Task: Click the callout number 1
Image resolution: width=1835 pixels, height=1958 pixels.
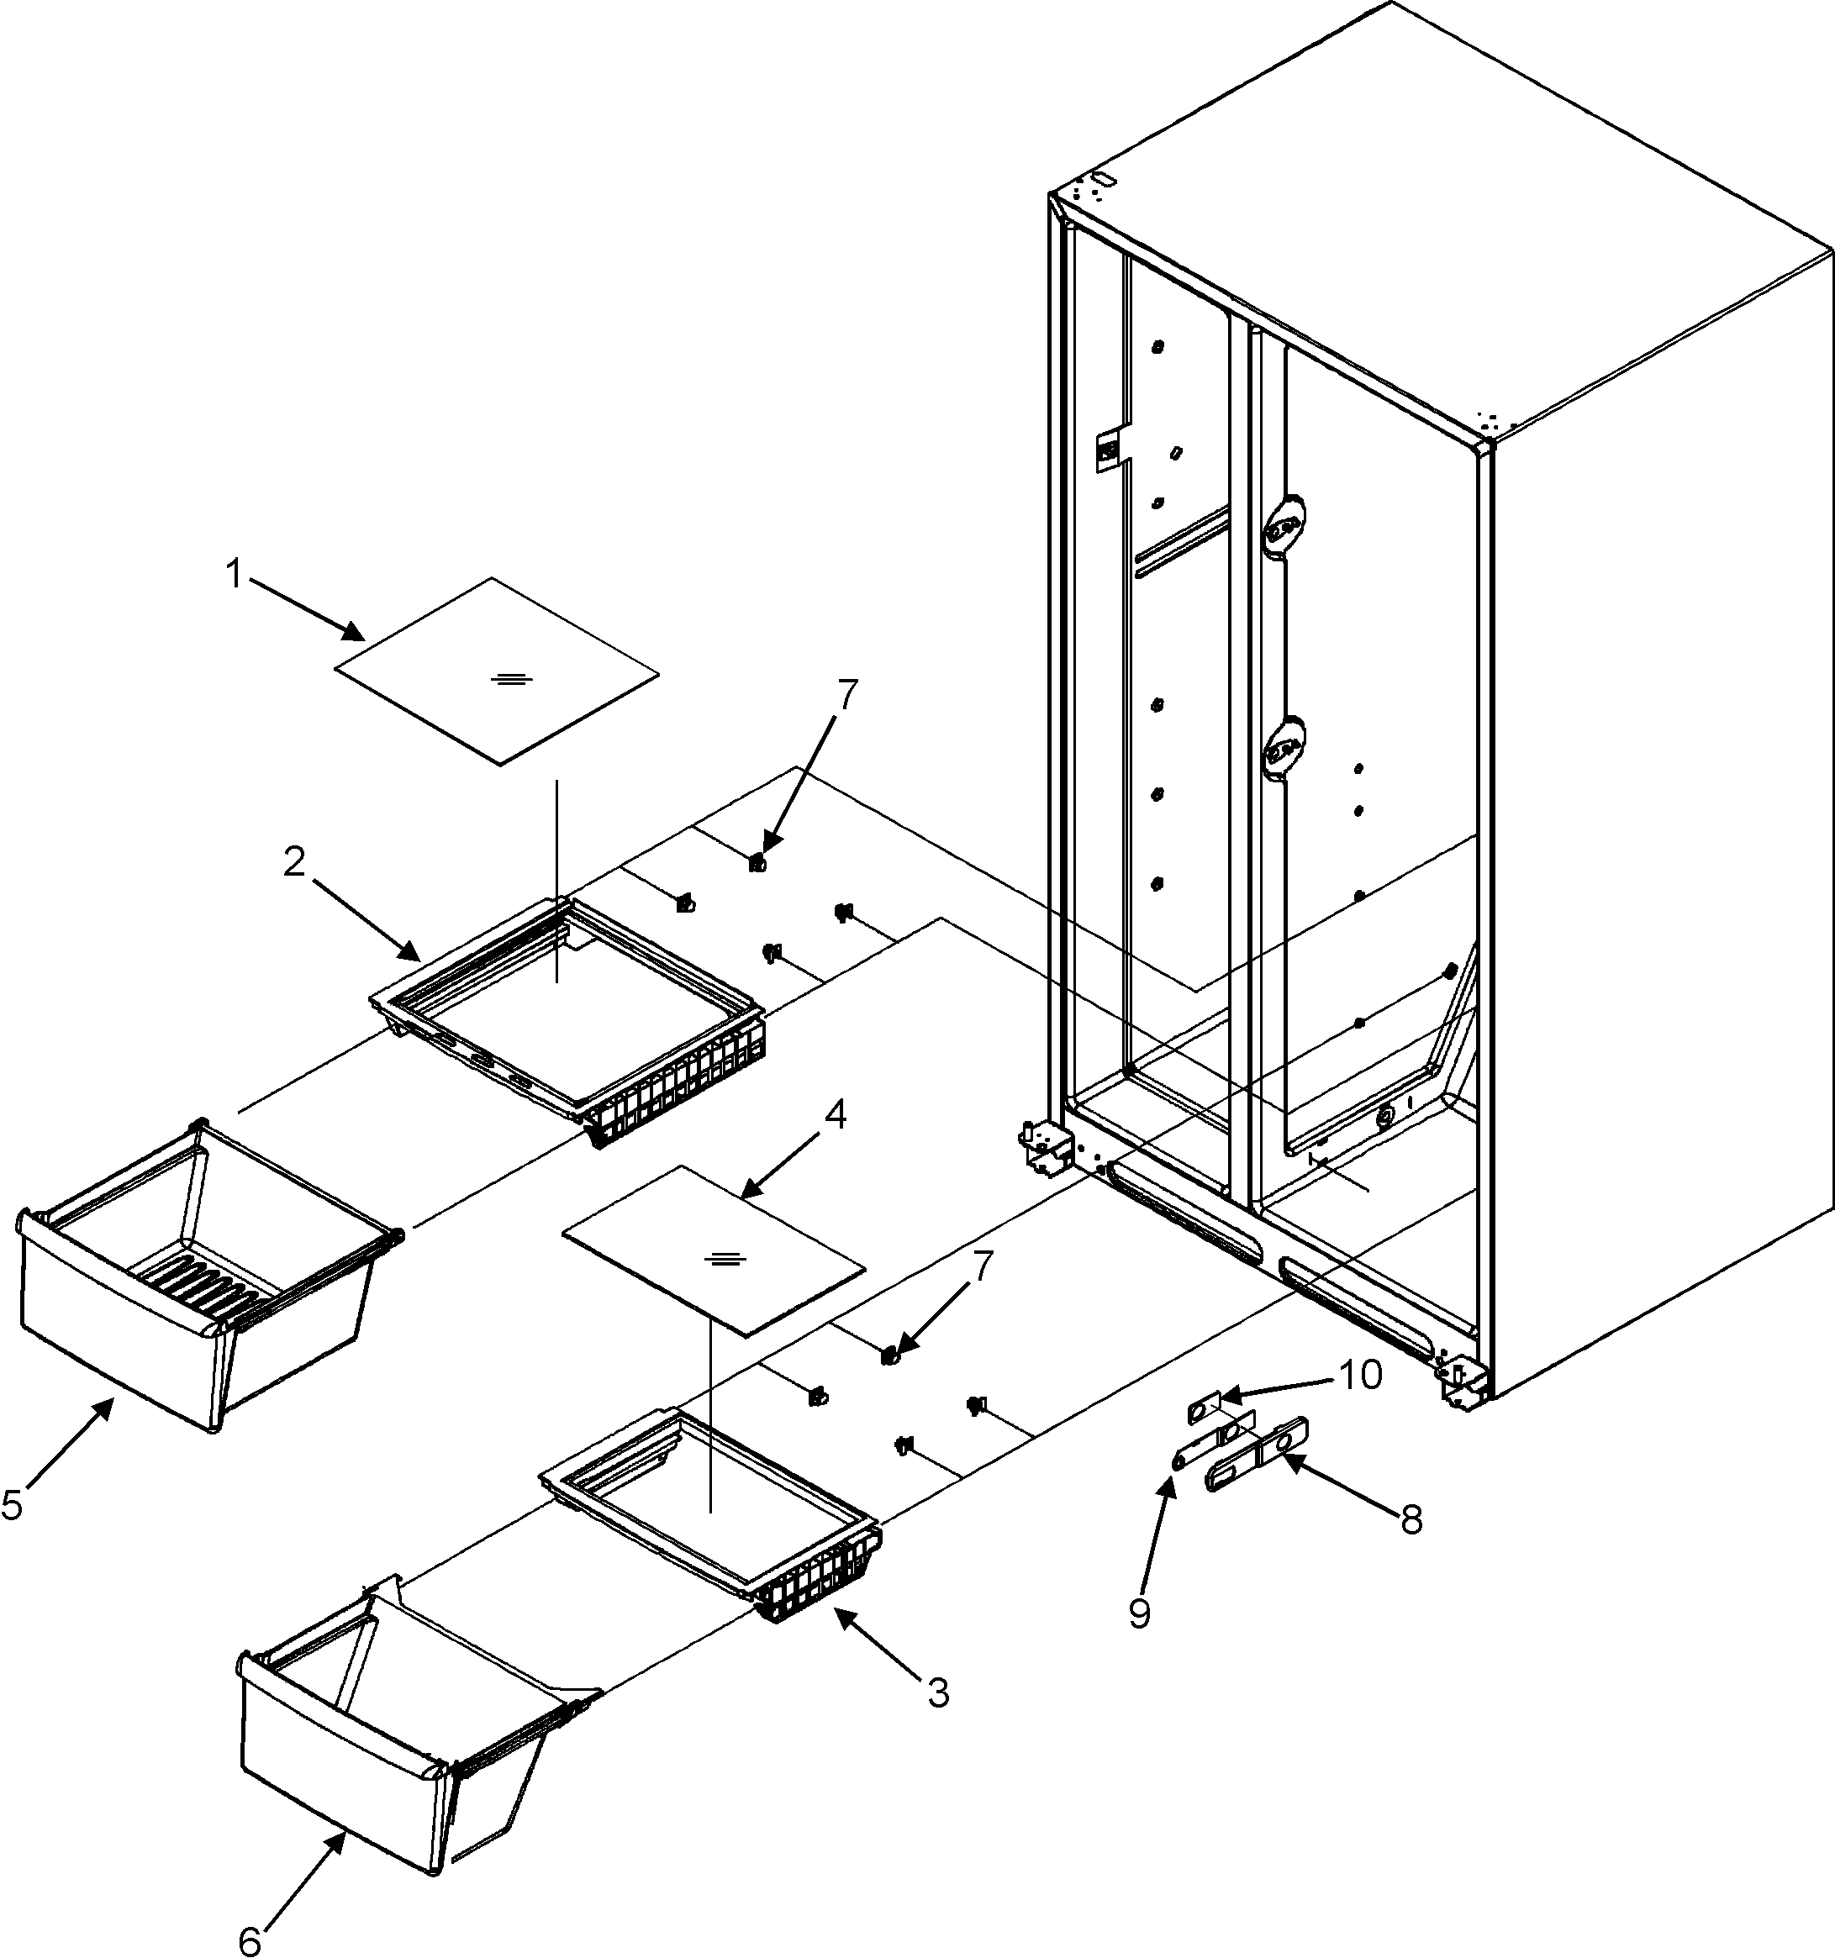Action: click(234, 574)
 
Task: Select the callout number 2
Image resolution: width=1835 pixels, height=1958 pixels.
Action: click(293, 863)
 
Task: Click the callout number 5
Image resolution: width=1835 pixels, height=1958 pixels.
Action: click(13, 1505)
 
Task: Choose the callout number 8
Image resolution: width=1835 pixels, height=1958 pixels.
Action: click(1411, 1519)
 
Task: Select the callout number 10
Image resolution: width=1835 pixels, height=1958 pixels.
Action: click(1359, 1375)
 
